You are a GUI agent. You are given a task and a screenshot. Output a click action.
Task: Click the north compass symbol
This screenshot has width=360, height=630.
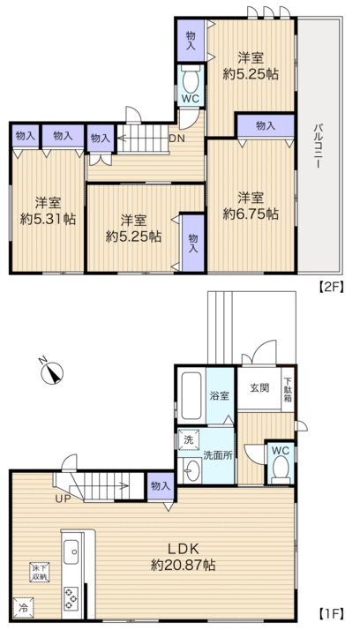(x=52, y=371)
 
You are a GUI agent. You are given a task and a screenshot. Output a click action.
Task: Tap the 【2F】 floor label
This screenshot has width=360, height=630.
(x=332, y=288)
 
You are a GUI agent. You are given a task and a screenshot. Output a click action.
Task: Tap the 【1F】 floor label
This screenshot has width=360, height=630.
(x=332, y=613)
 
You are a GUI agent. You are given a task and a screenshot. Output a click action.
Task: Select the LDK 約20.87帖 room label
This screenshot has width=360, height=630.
(x=184, y=557)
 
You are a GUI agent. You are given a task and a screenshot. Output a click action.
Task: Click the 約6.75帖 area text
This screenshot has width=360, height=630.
(x=251, y=214)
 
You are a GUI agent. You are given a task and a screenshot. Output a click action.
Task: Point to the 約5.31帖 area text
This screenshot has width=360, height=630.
(x=49, y=219)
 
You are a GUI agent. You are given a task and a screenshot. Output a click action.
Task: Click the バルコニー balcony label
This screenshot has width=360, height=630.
(x=319, y=146)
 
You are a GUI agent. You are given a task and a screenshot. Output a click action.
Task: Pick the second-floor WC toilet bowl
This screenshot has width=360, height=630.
(x=191, y=80)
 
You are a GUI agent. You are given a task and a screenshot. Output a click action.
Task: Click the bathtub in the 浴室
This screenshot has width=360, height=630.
(x=191, y=396)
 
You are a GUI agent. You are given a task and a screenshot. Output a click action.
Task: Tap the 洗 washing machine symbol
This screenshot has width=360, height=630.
(x=189, y=439)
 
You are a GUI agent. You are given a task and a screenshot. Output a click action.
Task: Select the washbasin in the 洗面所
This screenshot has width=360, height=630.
(x=191, y=469)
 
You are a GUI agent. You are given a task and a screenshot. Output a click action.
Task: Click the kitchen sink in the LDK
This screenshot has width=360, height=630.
(x=72, y=551)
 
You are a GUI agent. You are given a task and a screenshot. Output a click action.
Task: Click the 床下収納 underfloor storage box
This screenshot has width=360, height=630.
(x=39, y=572)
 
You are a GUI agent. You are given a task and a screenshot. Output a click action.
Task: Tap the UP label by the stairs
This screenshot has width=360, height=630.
(x=63, y=499)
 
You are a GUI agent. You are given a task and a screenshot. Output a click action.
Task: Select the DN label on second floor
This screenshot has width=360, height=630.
(x=176, y=139)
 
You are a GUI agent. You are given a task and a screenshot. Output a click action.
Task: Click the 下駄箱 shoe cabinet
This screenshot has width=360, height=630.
(x=288, y=389)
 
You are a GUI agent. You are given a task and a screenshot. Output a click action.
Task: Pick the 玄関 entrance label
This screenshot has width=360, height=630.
(x=259, y=388)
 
